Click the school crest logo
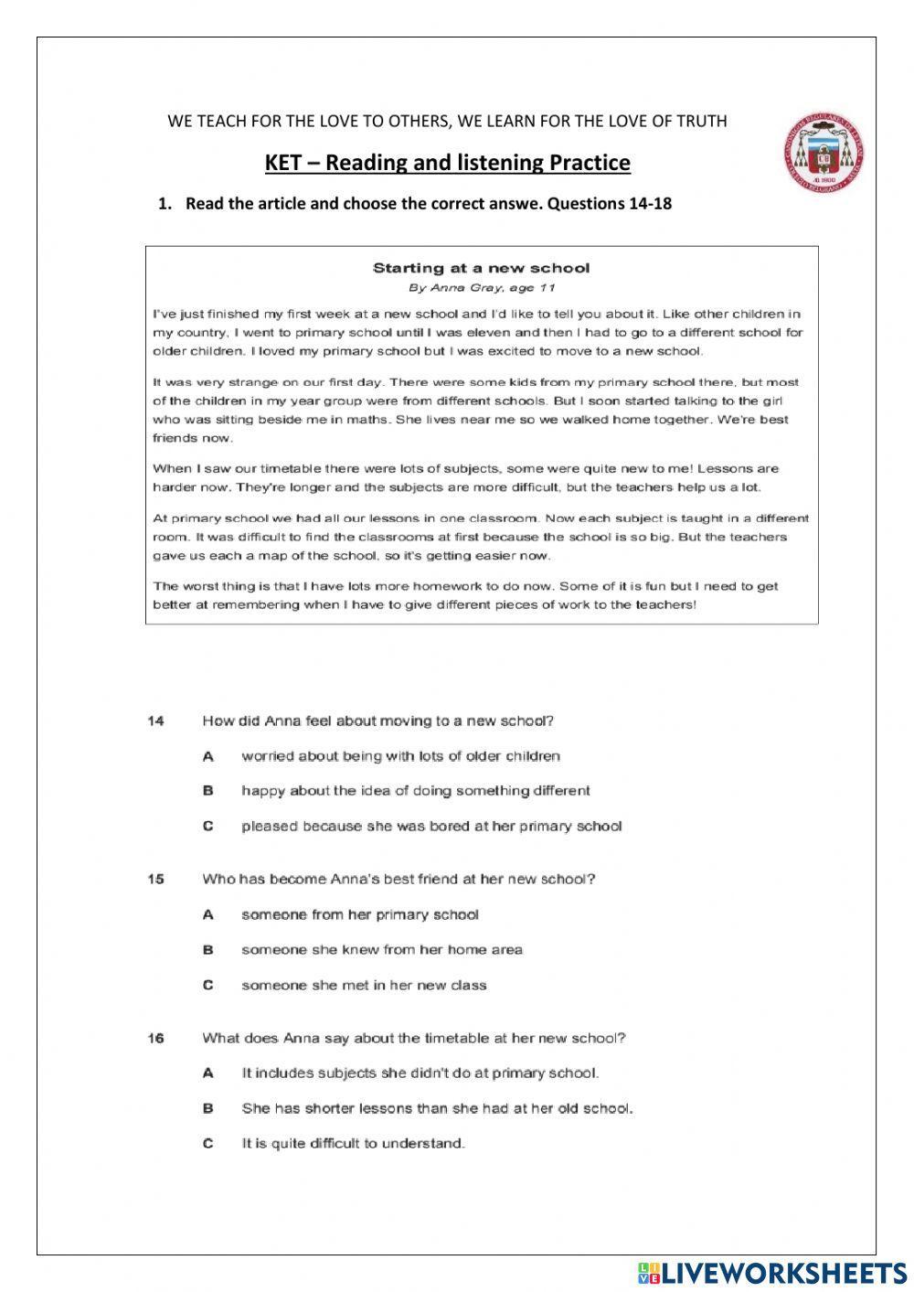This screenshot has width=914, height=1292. point(824,153)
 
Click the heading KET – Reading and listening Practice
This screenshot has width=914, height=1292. point(447,163)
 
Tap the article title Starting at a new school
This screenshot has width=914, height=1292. point(481,268)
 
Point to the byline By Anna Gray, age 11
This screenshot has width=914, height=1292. point(481,287)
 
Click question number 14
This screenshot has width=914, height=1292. point(155,721)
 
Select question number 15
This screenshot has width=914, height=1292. point(155,879)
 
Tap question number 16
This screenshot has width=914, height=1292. point(155,1038)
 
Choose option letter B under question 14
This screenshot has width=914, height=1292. point(208,791)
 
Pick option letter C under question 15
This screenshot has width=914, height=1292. point(208,985)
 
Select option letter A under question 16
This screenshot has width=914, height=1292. point(208,1073)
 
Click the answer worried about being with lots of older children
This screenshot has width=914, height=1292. point(400,756)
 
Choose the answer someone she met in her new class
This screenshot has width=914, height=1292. point(364,985)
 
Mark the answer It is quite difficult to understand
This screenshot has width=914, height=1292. point(353,1143)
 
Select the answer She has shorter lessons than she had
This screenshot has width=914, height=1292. point(437,1108)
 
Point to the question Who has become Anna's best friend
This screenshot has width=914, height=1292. point(399,879)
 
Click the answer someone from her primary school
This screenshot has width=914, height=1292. point(360,914)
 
